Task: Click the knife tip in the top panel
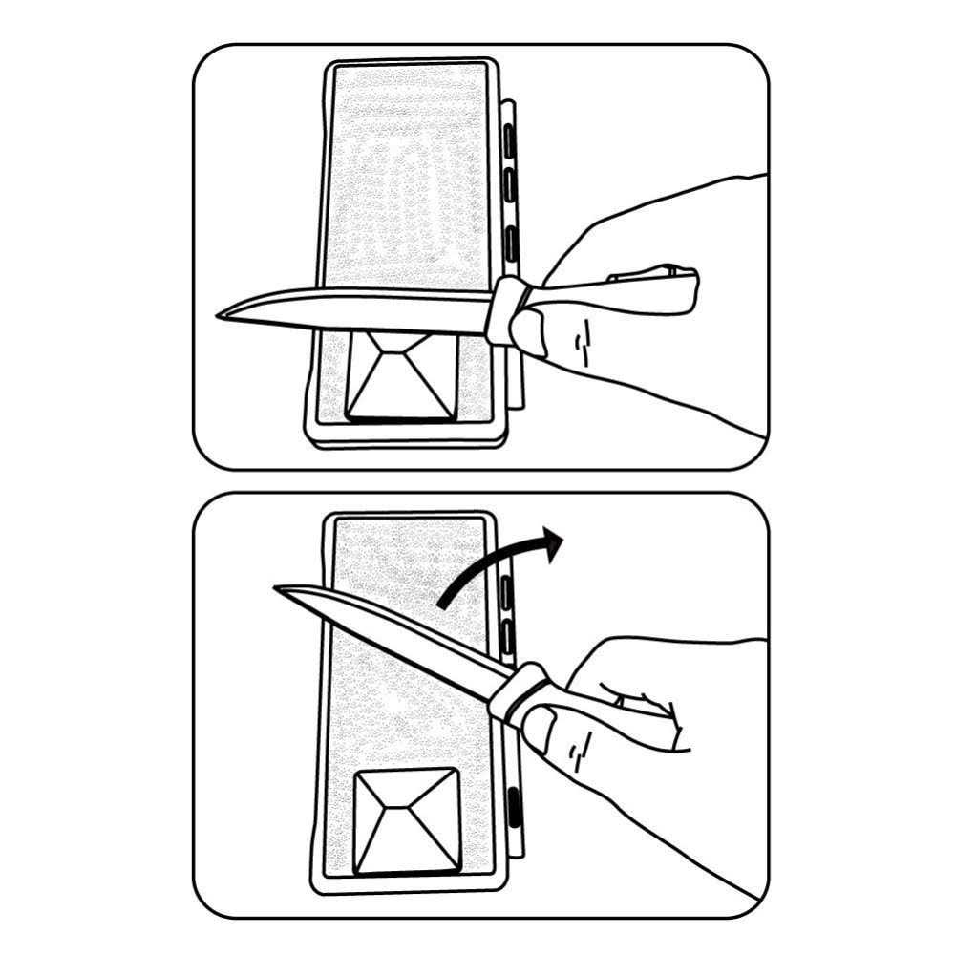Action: point(219,314)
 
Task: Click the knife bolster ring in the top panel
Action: point(506,309)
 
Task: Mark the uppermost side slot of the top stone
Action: point(510,143)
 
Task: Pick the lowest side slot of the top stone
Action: point(510,239)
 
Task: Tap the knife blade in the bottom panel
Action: point(401,640)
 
